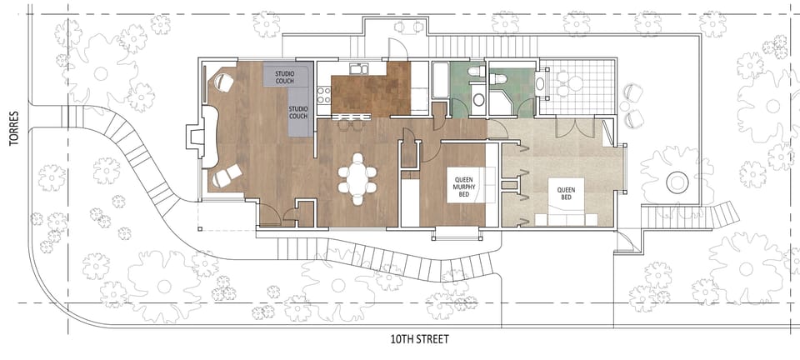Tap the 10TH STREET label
tap(419, 339)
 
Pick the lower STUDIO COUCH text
tap(298, 112)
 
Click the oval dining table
tap(357, 178)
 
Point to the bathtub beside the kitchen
tap(439, 87)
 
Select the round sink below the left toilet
tap(478, 100)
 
